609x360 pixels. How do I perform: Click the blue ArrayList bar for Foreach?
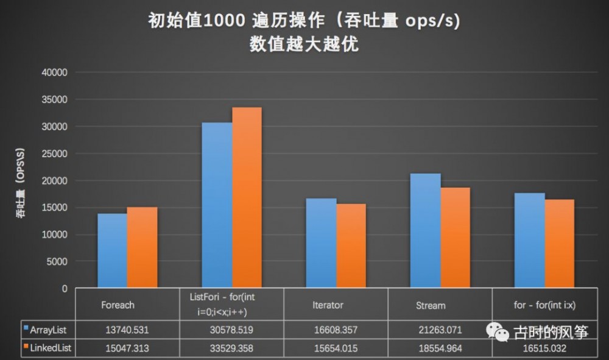tap(112, 251)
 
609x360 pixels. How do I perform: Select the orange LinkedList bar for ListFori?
tap(247, 198)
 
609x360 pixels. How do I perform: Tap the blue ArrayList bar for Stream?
tap(425, 231)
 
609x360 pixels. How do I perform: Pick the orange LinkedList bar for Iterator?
tap(351, 246)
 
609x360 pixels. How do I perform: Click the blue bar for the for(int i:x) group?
tap(529, 241)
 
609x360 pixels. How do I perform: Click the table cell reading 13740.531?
tap(127, 330)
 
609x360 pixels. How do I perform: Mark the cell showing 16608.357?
tap(335, 330)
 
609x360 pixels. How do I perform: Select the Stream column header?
tap(431, 305)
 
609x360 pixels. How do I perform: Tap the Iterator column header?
tap(328, 305)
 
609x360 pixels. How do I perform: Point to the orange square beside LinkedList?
tap(26, 347)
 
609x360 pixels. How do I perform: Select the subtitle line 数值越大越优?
tap(304, 44)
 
